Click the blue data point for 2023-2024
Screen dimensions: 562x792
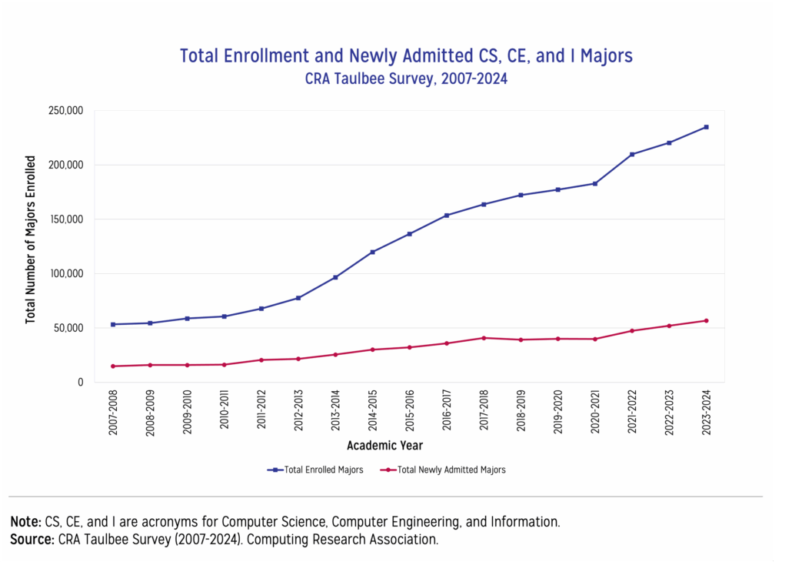pos(706,127)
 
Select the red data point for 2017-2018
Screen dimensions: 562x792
pos(484,338)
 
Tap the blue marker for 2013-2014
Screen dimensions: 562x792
pos(335,277)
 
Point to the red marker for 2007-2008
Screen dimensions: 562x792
pos(113,366)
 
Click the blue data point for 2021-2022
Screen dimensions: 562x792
pos(632,154)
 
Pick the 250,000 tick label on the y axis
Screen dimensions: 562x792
pos(65,111)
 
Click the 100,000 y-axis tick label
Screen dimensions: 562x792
pos(65,274)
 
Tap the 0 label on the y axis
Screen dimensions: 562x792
pos(80,383)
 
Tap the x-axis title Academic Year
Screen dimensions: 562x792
pos(384,446)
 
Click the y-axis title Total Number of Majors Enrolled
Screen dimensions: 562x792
pos(31,239)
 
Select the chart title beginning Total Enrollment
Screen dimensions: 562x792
pos(406,56)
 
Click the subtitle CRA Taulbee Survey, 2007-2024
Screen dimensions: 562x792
pos(406,79)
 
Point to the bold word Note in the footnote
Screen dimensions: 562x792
pos(25,522)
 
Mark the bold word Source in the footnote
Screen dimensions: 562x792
pos(32,540)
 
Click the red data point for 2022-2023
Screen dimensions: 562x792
pos(669,326)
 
